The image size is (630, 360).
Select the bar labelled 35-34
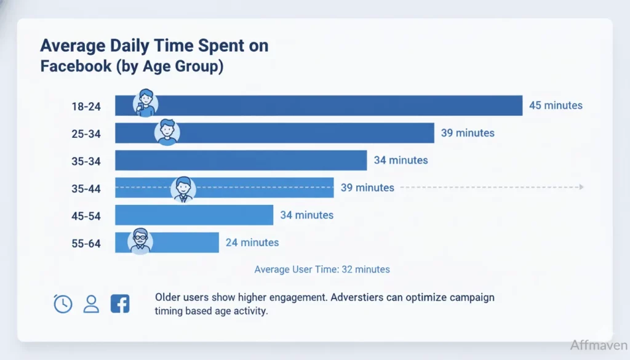pos(241,160)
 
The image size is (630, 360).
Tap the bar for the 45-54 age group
pos(194,215)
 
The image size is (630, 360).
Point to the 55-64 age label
pos(86,242)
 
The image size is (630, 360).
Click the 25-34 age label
pos(86,133)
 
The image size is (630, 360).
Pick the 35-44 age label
pos(86,188)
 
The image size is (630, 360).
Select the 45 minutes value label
pos(556,105)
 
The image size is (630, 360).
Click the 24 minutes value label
pos(252,242)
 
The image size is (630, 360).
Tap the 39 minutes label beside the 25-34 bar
pos(467,133)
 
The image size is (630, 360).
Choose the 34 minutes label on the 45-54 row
pos(306,215)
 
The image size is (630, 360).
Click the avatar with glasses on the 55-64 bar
pos(140,241)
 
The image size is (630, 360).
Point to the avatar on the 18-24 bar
pos(146,102)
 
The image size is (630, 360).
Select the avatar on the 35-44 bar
pos(183,189)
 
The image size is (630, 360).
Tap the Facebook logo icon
pos(120,303)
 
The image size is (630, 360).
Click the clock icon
pos(63,303)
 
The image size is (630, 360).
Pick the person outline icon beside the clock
pos(91,303)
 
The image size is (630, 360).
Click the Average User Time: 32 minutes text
pos(322,270)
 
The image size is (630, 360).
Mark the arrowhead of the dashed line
pos(581,187)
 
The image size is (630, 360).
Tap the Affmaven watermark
pos(597,345)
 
